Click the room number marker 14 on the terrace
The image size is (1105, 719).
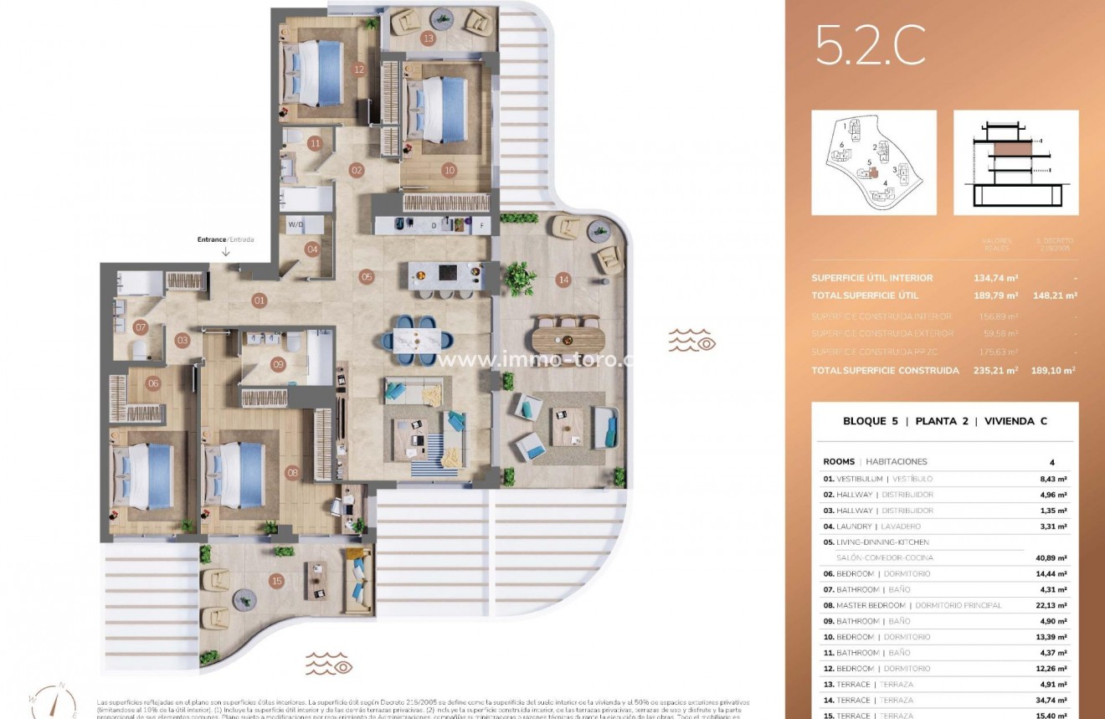[x=563, y=280]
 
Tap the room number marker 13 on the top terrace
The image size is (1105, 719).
[x=429, y=38]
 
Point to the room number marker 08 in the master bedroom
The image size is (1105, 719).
[x=292, y=472]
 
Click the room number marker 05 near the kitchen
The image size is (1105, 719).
[x=367, y=276]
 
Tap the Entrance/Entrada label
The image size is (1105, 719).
[x=225, y=239]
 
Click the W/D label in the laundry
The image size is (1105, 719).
[x=296, y=224]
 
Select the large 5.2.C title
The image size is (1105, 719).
[x=871, y=45]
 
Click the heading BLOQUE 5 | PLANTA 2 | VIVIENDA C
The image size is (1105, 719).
[x=944, y=421]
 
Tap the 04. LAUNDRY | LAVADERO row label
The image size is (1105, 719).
[x=871, y=526]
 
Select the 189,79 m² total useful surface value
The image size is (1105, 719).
[x=996, y=295]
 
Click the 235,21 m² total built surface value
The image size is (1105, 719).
[x=996, y=370]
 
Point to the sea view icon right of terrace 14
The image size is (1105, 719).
[x=691, y=341]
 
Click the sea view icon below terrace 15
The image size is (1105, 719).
[x=328, y=663]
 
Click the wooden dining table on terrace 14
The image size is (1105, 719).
[x=567, y=339]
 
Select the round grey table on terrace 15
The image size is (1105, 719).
[x=245, y=598]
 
